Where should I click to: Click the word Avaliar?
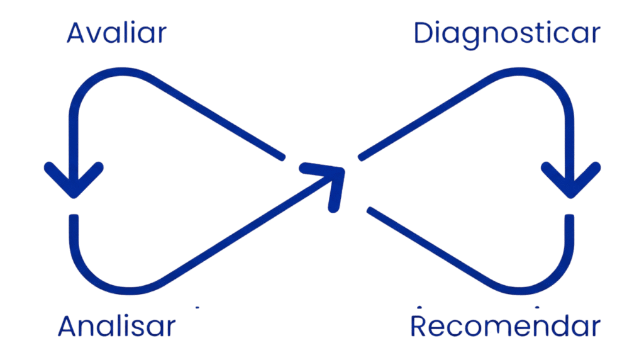pyautogui.click(x=116, y=33)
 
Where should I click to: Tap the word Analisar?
pyautogui.click(x=116, y=327)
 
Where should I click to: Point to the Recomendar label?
pyautogui.click(x=505, y=327)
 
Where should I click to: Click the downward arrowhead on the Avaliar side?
pyautogui.click(x=74, y=183)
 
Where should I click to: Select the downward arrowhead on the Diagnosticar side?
pyautogui.click(x=570, y=183)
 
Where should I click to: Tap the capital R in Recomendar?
pyautogui.click(x=420, y=327)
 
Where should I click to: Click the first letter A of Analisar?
pyautogui.click(x=69, y=327)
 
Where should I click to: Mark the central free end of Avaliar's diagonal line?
pyautogui.click(x=282, y=156)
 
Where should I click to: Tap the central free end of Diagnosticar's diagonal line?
pyautogui.click(x=361, y=157)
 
